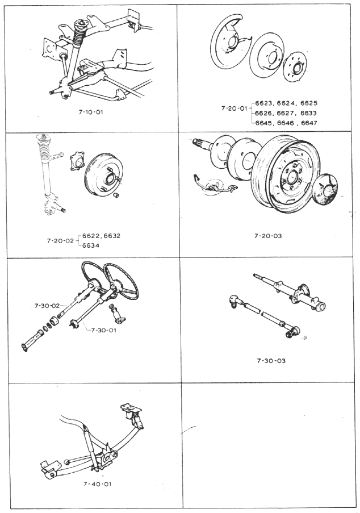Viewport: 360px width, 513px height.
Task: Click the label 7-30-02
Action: pos(47,306)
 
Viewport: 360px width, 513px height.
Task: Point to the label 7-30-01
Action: pos(104,330)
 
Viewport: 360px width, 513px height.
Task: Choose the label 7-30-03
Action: pos(271,361)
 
